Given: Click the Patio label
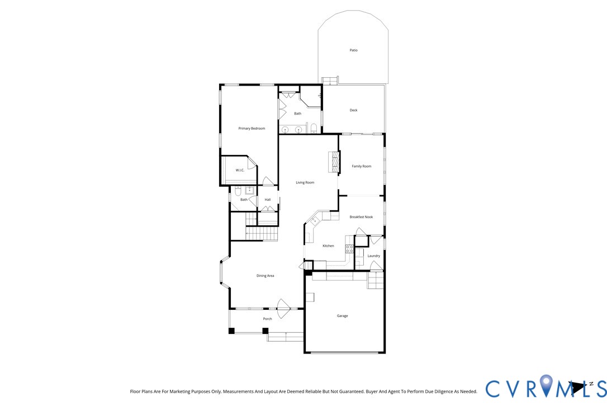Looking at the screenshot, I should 353,50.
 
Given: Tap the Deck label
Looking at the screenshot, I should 353,110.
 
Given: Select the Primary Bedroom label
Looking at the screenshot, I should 252,129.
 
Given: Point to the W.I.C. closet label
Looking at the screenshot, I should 240,170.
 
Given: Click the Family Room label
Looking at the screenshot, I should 361,166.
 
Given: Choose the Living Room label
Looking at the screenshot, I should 305,182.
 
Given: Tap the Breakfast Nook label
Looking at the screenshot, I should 361,217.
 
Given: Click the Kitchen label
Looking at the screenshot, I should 328,246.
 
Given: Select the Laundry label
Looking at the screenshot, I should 373,256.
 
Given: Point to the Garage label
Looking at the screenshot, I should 342,316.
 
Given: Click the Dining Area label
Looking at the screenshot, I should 265,276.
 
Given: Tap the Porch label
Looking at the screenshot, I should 267,319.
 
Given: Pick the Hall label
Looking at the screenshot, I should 268,200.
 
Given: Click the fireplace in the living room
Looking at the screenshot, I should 334,162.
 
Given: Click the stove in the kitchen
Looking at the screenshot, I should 349,249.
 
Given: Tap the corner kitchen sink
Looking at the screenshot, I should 314,222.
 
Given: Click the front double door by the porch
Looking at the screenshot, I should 284,307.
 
